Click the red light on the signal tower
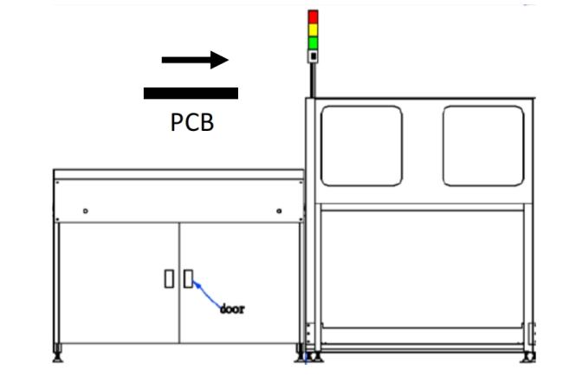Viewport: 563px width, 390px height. point(314,17)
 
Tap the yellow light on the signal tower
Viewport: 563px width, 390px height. point(314,30)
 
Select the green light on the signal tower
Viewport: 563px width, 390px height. point(314,42)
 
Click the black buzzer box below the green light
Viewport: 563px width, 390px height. point(314,56)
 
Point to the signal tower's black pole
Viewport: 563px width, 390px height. point(314,80)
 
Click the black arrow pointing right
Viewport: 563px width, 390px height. point(195,60)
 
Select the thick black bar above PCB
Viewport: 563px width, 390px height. point(191,92)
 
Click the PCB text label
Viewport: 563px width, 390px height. point(191,122)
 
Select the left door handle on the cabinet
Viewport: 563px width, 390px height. point(169,278)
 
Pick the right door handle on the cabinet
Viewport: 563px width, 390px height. point(188,278)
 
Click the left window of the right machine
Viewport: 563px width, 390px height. point(361,146)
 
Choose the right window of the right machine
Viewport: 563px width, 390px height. point(483,146)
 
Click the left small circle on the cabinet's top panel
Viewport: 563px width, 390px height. point(85,211)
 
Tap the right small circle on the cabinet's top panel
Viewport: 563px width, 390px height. point(278,211)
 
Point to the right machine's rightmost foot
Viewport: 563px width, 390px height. point(526,355)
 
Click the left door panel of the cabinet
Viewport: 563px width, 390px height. point(119,282)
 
